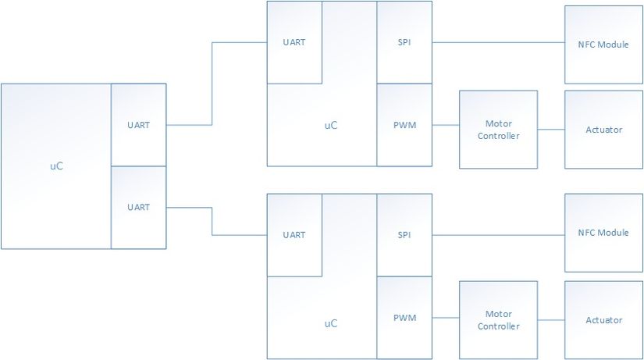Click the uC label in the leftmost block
56,166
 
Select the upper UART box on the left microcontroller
138,125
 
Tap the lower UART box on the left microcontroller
138,208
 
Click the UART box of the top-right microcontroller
294,42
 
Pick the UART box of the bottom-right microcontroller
294,235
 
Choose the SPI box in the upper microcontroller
404,42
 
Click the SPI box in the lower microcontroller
404,235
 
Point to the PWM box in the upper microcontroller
404,125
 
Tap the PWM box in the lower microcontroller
404,318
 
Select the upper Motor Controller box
498,130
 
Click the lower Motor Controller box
498,320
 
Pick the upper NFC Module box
603,45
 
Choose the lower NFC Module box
603,233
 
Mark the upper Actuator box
603,130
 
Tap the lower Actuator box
603,320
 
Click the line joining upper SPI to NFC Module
498,42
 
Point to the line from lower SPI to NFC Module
498,235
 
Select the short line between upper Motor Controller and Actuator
551,130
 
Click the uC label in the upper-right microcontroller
331,126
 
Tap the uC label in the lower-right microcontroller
331,323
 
